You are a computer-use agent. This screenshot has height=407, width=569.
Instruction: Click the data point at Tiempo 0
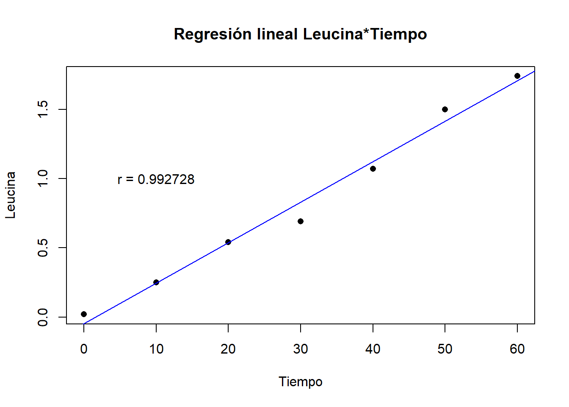[x=84, y=314]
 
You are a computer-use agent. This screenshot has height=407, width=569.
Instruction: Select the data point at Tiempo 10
[x=156, y=282]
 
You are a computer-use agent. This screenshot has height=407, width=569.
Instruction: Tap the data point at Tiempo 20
[x=228, y=242]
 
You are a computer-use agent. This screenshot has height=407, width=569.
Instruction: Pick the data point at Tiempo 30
[x=301, y=221]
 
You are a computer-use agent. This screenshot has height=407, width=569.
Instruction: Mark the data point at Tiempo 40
[x=373, y=169]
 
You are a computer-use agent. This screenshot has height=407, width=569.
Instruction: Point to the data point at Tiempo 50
[x=445, y=109]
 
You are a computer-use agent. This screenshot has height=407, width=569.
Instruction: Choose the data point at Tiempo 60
[x=517, y=76]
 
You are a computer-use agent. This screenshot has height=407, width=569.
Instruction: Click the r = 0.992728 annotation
[x=156, y=179]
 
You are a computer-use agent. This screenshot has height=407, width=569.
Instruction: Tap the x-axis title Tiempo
[x=301, y=382]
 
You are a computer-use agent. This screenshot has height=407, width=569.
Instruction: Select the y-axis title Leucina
[x=11, y=195]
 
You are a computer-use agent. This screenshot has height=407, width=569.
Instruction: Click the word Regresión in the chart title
[x=213, y=34]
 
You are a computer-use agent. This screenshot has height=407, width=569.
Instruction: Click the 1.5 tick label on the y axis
[x=43, y=109]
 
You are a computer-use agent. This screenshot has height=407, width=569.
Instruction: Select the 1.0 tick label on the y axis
[x=43, y=178]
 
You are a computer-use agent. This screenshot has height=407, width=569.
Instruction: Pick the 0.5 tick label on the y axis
[x=43, y=248]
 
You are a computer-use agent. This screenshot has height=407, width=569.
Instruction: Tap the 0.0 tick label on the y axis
[x=43, y=317]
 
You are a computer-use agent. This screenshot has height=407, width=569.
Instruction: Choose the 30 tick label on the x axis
[x=301, y=349]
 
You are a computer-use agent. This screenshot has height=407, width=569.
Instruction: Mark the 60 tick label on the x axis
[x=517, y=349]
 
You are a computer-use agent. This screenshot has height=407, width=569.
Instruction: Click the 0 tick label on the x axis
[x=84, y=349]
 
